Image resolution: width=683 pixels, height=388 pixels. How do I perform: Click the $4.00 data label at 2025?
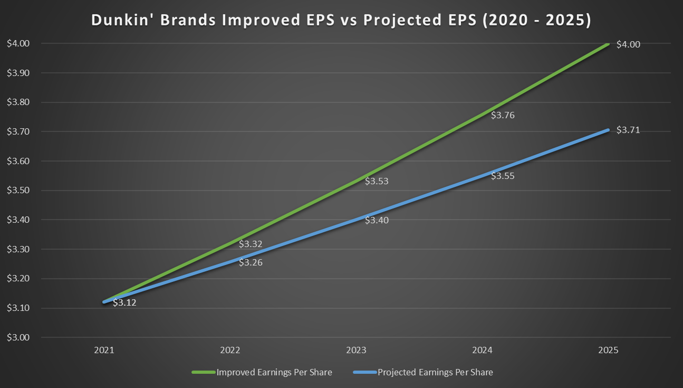tap(628, 45)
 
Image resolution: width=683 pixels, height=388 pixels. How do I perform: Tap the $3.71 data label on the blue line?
tap(628, 130)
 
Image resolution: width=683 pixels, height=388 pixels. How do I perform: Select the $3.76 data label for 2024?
tap(503, 115)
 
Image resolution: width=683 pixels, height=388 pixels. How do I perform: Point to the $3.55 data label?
tap(503, 176)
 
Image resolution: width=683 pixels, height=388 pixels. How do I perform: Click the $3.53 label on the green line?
tap(377, 182)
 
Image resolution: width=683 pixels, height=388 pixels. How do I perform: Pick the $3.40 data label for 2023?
tap(377, 221)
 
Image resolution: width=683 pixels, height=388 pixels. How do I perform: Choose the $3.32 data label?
tap(251, 244)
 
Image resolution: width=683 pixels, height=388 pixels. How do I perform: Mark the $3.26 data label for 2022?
tap(251, 262)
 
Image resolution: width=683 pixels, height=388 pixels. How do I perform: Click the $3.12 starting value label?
tap(124, 303)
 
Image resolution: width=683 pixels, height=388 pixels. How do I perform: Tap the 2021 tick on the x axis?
tap(104, 350)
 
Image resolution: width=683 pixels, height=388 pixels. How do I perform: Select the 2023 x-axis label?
tap(357, 350)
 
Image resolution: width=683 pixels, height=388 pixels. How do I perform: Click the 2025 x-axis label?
tap(609, 350)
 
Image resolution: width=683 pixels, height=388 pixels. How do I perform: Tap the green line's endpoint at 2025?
tap(608, 44)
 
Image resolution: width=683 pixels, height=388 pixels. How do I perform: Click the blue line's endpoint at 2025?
tap(608, 130)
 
